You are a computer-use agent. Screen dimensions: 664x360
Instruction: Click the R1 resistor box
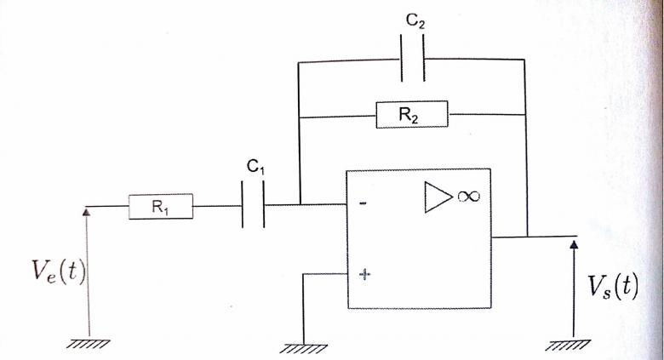pyautogui.click(x=161, y=206)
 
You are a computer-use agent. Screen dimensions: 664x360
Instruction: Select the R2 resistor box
pyautogui.click(x=412, y=114)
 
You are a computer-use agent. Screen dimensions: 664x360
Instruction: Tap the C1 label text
pyautogui.click(x=255, y=167)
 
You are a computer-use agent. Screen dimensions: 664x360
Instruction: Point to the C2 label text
pyautogui.click(x=415, y=20)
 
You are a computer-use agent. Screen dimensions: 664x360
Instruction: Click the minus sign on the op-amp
pyautogui.click(x=363, y=203)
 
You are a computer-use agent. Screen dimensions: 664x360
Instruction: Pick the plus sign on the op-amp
pyautogui.click(x=364, y=274)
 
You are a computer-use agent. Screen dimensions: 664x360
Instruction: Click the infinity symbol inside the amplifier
pyautogui.click(x=468, y=196)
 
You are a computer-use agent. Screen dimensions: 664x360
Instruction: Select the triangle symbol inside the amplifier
pyautogui.click(x=438, y=197)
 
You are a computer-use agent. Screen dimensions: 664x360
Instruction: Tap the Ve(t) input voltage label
pyautogui.click(x=59, y=271)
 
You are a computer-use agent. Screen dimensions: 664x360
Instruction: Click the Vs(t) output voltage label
pyautogui.click(x=612, y=287)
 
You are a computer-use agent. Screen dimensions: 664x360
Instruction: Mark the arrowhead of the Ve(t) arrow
pyautogui.click(x=86, y=212)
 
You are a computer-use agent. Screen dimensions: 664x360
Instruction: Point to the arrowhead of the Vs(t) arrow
pyautogui.click(x=574, y=244)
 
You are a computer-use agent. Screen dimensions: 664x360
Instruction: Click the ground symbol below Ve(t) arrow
pyautogui.click(x=88, y=344)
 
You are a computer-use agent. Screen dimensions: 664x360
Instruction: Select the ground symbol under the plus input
pyautogui.click(x=304, y=349)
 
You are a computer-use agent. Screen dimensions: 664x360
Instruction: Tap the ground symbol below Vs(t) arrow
pyautogui.click(x=568, y=346)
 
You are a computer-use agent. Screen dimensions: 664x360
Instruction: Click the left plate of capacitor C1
pyautogui.click(x=243, y=204)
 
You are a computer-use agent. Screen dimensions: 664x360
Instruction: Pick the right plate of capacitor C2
pyautogui.click(x=423, y=58)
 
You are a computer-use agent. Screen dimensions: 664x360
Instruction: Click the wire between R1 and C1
pyautogui.click(x=217, y=206)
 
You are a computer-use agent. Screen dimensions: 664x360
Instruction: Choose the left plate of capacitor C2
pyautogui.click(x=402, y=58)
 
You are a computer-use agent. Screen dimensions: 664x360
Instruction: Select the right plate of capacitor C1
pyautogui.click(x=263, y=204)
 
